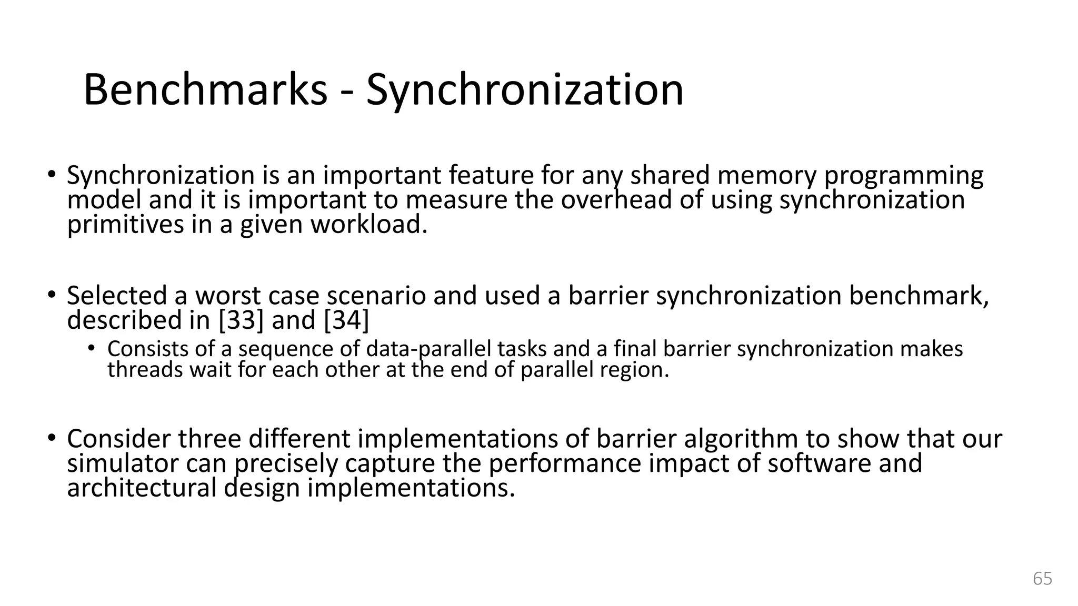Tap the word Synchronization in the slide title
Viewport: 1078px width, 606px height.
click(525, 90)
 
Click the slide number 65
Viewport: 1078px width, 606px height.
click(1042, 578)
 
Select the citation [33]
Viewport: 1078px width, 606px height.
click(241, 320)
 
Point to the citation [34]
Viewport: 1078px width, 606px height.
click(346, 320)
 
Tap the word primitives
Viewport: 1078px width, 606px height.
click(126, 225)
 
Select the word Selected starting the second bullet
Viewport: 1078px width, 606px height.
click(117, 296)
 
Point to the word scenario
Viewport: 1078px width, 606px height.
click(376, 296)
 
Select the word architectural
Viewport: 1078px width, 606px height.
click(142, 488)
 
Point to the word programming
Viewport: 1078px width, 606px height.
click(903, 177)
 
